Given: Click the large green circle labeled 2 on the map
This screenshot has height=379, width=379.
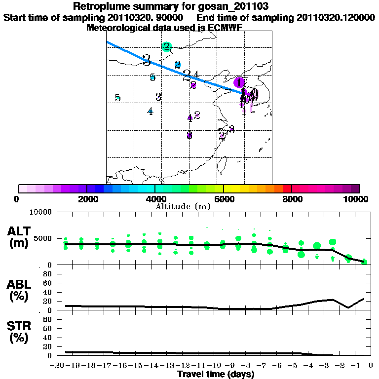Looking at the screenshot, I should [x=167, y=47].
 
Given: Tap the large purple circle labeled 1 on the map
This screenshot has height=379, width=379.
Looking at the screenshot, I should [x=239, y=82].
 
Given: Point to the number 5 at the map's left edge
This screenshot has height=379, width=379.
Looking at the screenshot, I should [x=117, y=98].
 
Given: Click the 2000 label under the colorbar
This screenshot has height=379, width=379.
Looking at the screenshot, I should [x=87, y=199].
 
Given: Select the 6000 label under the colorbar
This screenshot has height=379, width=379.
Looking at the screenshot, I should [x=224, y=199].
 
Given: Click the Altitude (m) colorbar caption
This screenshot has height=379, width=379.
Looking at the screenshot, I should [x=183, y=206].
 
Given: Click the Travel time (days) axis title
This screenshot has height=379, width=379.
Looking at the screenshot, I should [x=216, y=374].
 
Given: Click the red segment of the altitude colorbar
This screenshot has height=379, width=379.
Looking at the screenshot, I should [x=287, y=189].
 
